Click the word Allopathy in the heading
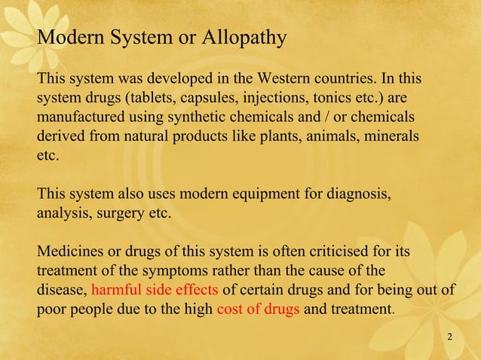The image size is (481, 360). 250,37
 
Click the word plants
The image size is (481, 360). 261,138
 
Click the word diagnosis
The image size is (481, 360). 358,194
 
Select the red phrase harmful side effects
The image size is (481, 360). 155,289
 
